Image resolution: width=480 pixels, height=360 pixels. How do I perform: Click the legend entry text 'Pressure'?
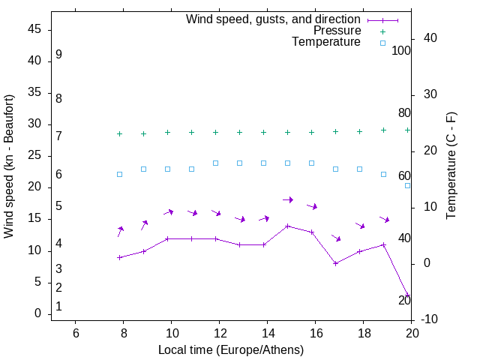click(337, 31)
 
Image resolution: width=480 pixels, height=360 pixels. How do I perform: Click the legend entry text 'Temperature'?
click(326, 43)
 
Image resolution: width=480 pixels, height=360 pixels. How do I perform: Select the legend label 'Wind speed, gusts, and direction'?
click(273, 19)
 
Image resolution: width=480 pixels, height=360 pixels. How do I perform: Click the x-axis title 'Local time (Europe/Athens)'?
click(231, 350)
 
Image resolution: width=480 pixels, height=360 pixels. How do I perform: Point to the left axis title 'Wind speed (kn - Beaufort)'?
click(9, 166)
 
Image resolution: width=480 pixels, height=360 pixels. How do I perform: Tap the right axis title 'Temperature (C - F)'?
click(451, 166)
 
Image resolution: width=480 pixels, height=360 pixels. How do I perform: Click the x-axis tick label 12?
click(219, 333)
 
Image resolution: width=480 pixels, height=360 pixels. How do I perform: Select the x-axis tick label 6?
click(75, 333)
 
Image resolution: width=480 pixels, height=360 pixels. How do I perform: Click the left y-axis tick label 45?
click(34, 30)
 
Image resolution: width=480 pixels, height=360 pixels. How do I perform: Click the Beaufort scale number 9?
click(58, 55)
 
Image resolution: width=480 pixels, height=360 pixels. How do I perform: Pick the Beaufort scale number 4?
click(58, 244)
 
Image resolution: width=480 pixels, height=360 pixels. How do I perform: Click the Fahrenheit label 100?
click(402, 50)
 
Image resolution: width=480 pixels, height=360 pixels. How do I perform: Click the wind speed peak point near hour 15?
click(288, 226)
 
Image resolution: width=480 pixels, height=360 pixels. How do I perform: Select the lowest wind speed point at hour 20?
click(408, 295)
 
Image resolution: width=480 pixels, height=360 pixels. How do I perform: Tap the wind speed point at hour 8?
click(120, 257)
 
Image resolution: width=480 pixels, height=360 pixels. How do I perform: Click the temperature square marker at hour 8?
click(120, 174)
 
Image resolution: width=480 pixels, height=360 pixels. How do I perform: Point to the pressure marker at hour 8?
click(120, 133)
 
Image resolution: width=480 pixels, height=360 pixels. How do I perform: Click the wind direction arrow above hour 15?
click(288, 199)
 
